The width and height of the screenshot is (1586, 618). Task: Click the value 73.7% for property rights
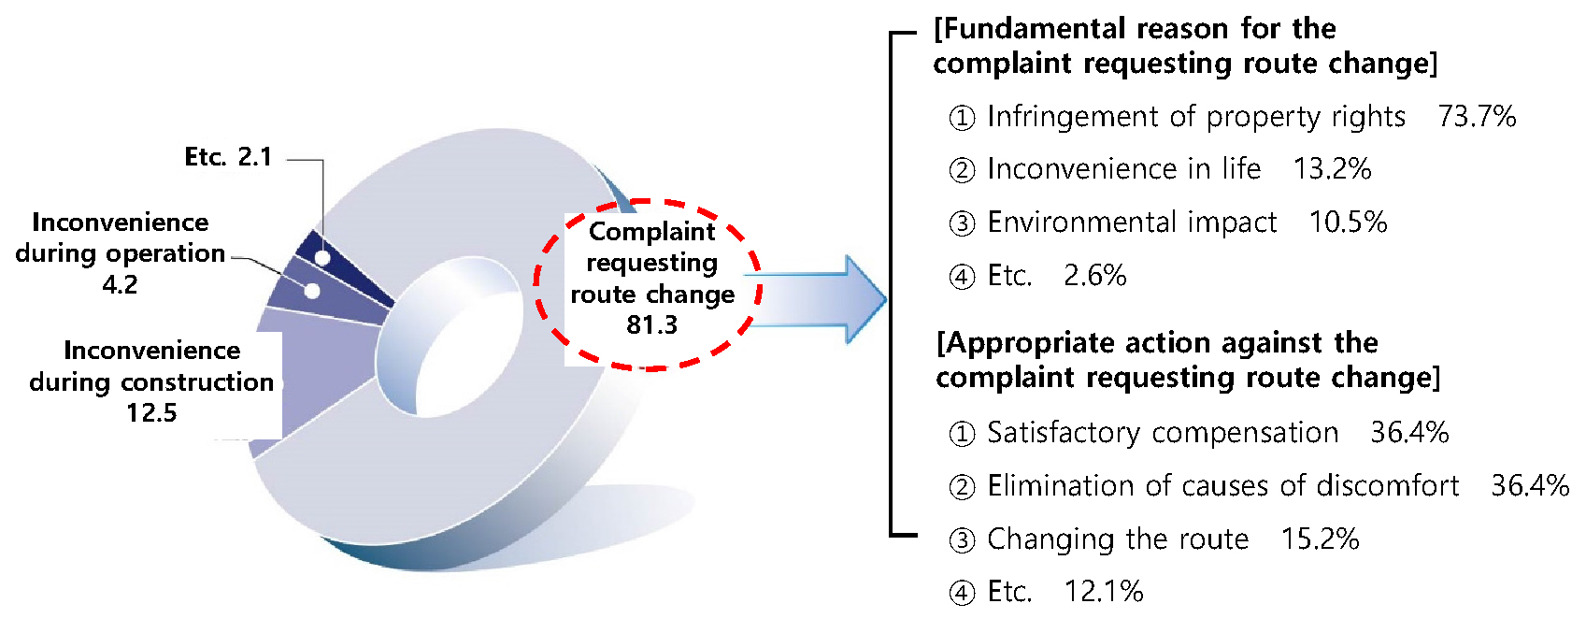1477,117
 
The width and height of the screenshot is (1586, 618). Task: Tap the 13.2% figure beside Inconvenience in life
1332,169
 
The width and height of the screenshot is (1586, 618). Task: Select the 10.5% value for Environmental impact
1348,223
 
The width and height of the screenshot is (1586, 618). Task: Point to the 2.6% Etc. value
1094,276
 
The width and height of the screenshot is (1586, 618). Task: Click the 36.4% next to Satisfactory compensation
1409,433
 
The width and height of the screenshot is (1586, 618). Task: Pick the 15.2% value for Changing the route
1321,539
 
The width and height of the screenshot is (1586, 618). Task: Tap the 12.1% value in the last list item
1104,592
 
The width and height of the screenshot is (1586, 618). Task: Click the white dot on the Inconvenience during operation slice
312,291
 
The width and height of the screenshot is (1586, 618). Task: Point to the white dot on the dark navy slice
322,258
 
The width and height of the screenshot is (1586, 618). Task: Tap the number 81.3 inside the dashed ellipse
652,325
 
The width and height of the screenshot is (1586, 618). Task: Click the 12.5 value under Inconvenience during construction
151,412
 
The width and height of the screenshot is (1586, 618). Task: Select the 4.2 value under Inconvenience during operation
120,284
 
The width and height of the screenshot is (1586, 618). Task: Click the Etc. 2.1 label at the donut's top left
228,156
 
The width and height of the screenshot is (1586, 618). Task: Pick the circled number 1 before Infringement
962,118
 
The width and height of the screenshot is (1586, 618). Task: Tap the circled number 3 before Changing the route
962,540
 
